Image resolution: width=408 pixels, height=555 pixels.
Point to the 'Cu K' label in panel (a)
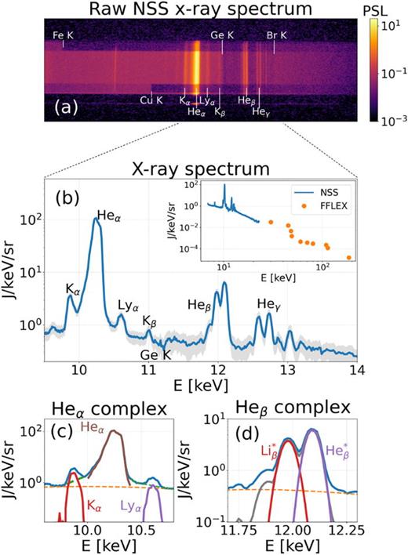[151, 100]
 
